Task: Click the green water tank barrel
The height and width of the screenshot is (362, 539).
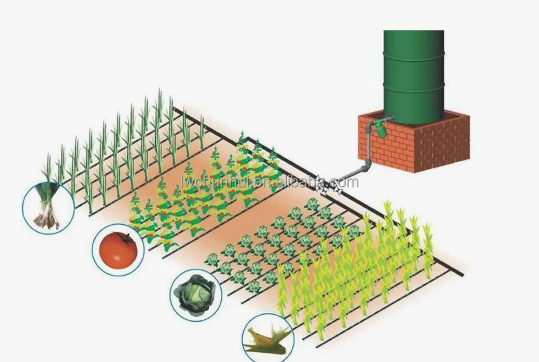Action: point(414,75)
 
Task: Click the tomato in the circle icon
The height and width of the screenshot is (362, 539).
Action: point(118,249)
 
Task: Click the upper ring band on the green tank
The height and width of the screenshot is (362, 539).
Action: point(414,59)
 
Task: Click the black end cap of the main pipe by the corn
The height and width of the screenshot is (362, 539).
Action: point(461,273)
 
